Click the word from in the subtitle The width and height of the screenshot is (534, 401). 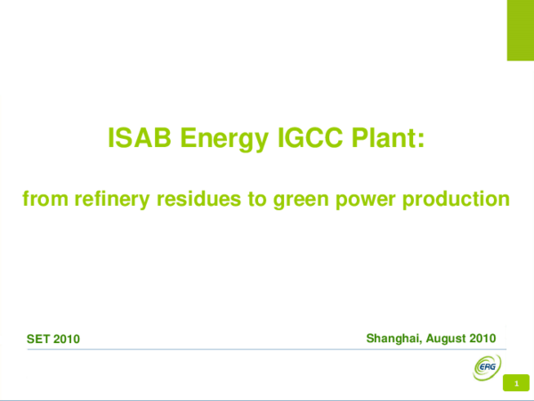pyautogui.click(x=41, y=198)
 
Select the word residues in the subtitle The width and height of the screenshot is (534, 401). pyautogui.click(x=201, y=198)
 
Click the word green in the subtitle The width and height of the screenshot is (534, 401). pyautogui.click(x=303, y=198)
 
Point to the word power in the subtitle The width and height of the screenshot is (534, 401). pyautogui.click(x=370, y=198)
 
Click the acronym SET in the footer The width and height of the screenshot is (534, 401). pyautogui.click(x=39, y=339)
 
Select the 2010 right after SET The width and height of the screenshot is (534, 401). pyautogui.click(x=67, y=339)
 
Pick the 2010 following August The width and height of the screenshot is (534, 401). pyautogui.click(x=481, y=338)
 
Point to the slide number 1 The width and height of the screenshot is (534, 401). pyautogui.click(x=515, y=384)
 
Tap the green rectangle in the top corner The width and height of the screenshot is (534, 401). pyautogui.click(x=520, y=30)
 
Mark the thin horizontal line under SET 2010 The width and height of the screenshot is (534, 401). pyautogui.click(x=258, y=350)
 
